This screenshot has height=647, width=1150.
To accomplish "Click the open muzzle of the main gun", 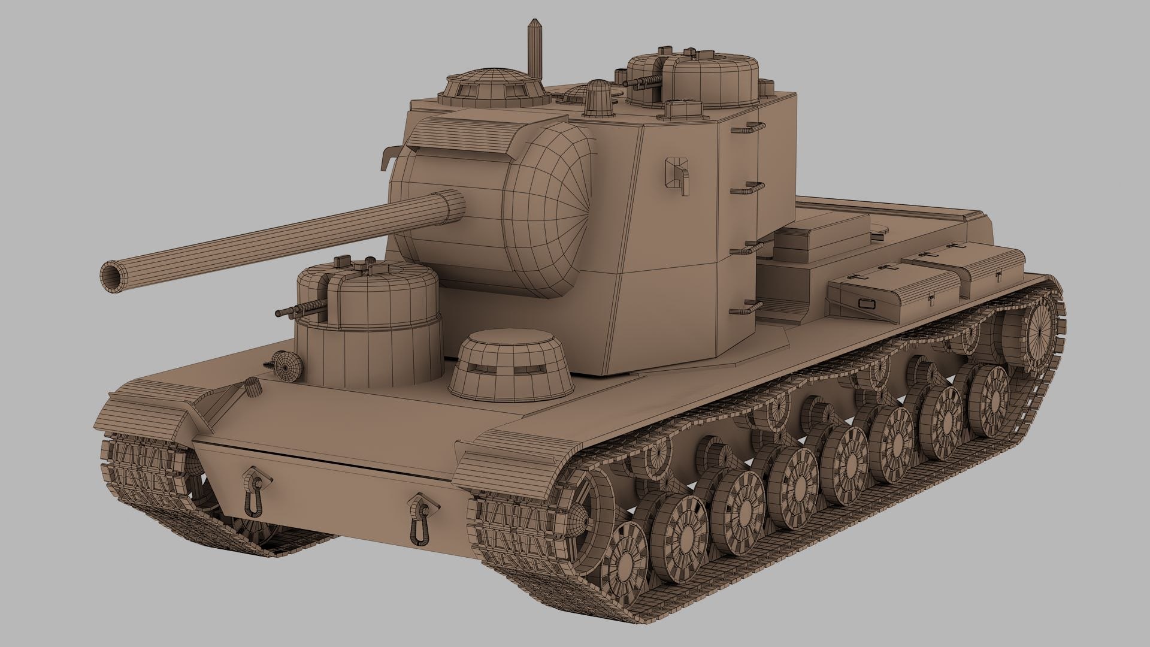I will (x=113, y=275).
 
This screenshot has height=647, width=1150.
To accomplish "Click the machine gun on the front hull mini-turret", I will (x=299, y=310).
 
